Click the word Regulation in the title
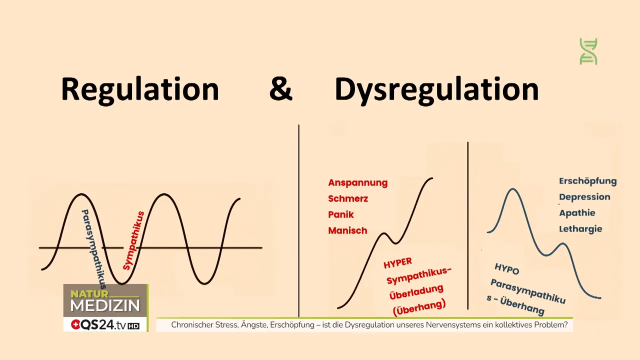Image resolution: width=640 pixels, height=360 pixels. tap(140, 90)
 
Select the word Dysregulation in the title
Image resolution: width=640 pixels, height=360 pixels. tap(436, 90)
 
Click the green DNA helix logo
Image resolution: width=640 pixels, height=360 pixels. tap(588, 51)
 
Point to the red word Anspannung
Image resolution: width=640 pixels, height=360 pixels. tap(357, 182)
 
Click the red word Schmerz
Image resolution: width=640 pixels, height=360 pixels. tap(347, 198)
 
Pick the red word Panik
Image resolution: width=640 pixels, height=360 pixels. tap(340, 214)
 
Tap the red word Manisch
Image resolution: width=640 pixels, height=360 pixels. tap(347, 230)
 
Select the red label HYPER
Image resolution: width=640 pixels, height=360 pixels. tap(397, 263)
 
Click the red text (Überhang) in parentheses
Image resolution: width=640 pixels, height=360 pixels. tap(419, 306)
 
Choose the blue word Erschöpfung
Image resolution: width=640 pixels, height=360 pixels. tap(587, 181)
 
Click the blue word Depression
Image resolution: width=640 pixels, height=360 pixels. tap(584, 197)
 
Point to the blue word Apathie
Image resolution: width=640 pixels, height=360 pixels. tap(577, 213)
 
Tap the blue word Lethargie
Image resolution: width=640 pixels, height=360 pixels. tap(580, 229)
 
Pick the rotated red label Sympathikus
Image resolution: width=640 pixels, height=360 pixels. tap(133, 240)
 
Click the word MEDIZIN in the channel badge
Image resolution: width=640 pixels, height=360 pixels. tap(105, 305)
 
